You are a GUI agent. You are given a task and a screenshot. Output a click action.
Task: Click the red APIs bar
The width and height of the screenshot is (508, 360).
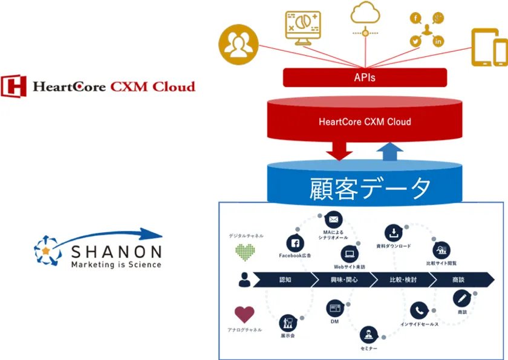pos(365,77)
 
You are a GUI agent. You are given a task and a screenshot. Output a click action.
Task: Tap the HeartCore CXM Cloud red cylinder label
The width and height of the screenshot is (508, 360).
pos(365,122)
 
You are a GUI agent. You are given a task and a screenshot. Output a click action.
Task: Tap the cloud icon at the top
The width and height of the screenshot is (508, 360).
pos(365,13)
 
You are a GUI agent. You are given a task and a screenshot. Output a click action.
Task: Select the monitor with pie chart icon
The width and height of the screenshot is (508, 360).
pos(302,27)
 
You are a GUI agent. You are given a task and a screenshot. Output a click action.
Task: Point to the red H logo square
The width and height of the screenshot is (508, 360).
pos(13,86)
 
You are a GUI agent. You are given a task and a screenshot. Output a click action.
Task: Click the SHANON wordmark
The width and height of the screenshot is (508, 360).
pos(116,252)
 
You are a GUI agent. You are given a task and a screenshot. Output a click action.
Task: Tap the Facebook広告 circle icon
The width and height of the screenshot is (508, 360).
pos(295,243)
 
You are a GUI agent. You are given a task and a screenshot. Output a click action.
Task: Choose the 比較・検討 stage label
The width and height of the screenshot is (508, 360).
pos(402,280)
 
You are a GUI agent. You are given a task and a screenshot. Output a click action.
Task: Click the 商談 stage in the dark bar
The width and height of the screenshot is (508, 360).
pos(458,280)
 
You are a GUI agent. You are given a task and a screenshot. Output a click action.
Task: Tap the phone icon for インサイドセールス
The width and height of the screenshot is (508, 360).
pos(418,311)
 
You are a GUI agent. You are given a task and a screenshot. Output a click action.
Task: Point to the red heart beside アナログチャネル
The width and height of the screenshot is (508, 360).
pos(244,314)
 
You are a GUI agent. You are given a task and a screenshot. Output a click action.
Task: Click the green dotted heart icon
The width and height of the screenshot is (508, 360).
pos(245,252)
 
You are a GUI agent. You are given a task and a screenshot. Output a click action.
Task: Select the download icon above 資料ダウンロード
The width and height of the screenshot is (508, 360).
pos(393,232)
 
